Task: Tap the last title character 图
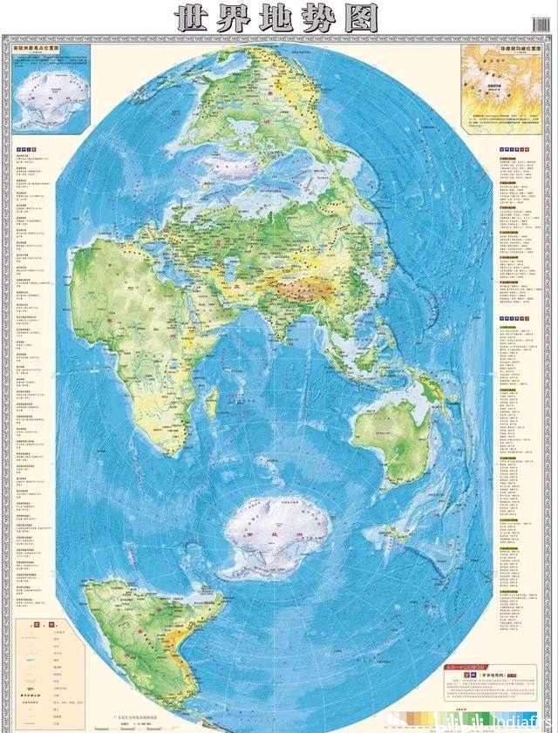(362, 17)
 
